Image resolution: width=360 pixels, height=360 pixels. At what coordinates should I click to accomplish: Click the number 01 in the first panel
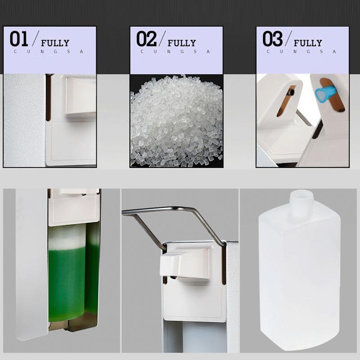pyautogui.click(x=19, y=40)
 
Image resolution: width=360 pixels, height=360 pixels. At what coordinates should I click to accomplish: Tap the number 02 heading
pyautogui.click(x=146, y=40)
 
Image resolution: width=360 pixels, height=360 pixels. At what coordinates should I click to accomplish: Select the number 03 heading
pyautogui.click(x=273, y=40)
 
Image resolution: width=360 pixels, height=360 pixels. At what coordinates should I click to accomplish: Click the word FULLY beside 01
pyautogui.click(x=55, y=43)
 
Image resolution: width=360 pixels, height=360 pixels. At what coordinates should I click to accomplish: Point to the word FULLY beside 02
pyautogui.click(x=181, y=43)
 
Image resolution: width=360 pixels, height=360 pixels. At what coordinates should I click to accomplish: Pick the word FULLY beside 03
pyautogui.click(x=308, y=43)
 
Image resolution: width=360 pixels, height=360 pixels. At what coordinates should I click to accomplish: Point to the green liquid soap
pyautogui.click(x=67, y=283)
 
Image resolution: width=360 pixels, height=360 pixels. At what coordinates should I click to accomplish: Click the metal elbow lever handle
pyautogui.click(x=180, y=211)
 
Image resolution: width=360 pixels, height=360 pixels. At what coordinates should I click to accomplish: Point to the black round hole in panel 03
pyautogui.click(x=292, y=92)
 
